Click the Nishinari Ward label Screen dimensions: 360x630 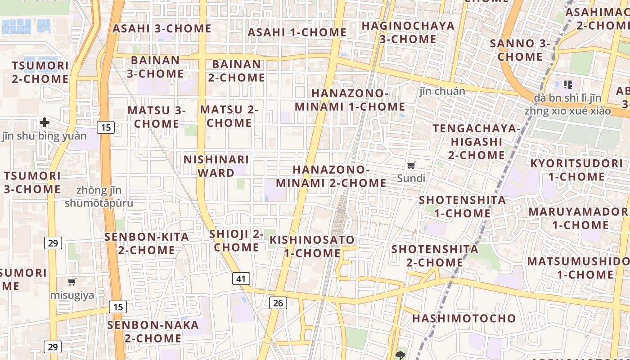[216, 166]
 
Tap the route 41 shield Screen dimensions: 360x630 [241, 279]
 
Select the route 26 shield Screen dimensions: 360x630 [278, 303]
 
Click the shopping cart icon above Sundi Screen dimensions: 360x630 [411, 166]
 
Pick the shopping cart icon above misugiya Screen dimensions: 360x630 [72, 282]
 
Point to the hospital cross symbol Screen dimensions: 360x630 [45, 122]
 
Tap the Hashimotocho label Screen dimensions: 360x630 [464, 319]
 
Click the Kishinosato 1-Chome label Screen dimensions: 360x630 [312, 247]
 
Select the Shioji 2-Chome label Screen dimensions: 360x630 [236, 241]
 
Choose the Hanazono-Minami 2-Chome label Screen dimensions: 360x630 [331, 176]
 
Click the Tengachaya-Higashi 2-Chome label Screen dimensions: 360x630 [476, 142]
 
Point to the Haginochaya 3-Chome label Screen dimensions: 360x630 [408, 32]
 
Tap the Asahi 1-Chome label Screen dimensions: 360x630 [297, 32]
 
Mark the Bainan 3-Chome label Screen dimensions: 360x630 [155, 67]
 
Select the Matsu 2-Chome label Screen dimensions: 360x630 [229, 116]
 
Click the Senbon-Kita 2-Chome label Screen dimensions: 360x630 [147, 243]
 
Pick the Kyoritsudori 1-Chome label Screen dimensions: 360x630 [576, 170]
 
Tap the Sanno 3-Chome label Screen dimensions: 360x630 [520, 50]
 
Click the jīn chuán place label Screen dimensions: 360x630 [442, 91]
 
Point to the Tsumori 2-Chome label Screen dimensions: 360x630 [40, 72]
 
